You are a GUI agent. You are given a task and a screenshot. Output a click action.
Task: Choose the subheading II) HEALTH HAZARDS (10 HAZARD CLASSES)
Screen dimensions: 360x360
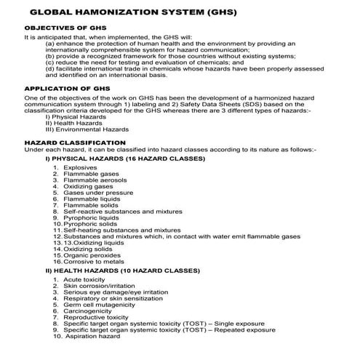pos(122,270)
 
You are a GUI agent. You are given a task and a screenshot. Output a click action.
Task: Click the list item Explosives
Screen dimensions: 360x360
pos(80,168)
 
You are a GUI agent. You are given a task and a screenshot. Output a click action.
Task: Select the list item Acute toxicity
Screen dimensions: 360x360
pos(84,280)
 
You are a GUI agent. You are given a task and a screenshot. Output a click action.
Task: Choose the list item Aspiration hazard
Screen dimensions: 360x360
pos(91,336)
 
